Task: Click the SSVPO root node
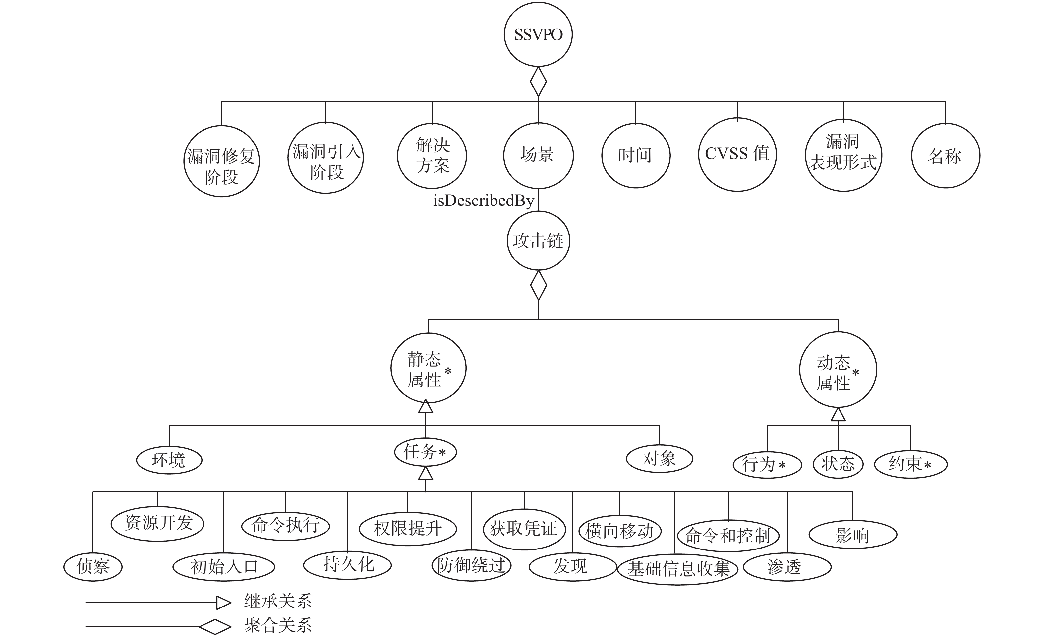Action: tap(538, 34)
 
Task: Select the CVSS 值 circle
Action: tap(737, 154)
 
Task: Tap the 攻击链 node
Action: tap(538, 241)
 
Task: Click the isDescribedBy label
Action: tap(483, 201)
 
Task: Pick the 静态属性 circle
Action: tap(428, 368)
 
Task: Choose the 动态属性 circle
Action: tap(838, 370)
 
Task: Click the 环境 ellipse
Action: tap(169, 460)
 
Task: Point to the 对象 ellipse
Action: tap(659, 458)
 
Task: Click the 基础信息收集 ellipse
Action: tap(678, 569)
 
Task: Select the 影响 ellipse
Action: tap(852, 535)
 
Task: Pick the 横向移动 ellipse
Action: tap(620, 531)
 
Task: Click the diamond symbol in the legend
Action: tap(215, 627)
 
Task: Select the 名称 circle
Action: tap(945, 156)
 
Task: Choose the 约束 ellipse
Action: tap(910, 464)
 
